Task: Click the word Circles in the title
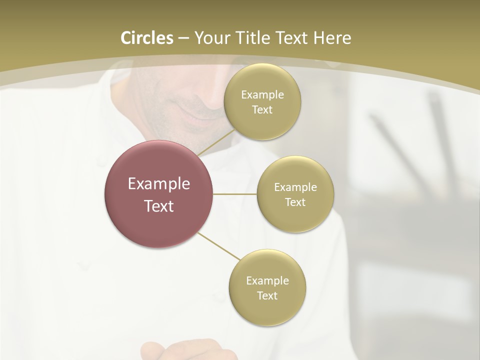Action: click(x=147, y=37)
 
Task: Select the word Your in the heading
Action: click(x=212, y=37)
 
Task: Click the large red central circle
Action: click(x=159, y=194)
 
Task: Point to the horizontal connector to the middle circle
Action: click(x=235, y=194)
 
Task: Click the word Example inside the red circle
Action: click(x=159, y=183)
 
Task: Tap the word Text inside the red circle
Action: click(x=159, y=206)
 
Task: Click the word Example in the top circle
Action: click(x=262, y=94)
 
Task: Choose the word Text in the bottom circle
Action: click(x=267, y=295)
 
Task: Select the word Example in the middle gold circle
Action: click(x=295, y=187)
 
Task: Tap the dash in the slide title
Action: click(x=183, y=38)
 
